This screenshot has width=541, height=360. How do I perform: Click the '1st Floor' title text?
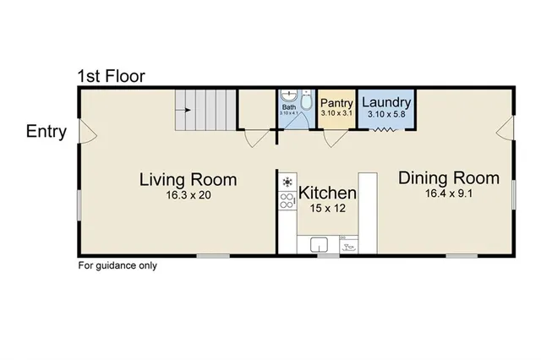point(111,77)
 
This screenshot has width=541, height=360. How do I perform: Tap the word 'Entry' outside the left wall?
point(46,132)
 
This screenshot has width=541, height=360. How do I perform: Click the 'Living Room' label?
point(188,179)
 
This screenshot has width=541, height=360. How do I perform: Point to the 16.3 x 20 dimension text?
point(188,195)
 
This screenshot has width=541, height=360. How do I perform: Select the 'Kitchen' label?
point(328,192)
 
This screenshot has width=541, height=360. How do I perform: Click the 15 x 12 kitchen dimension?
point(328,208)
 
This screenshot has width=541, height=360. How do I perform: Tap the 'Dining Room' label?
point(449,178)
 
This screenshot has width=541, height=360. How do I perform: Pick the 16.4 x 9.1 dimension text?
point(449,194)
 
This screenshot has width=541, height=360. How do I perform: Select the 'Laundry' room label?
point(386,102)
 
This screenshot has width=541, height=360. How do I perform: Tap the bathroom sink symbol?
point(288,96)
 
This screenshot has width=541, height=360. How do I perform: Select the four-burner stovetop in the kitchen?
point(287,201)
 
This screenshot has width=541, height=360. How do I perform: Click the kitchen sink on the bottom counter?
point(320,244)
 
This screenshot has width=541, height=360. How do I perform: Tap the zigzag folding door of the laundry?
point(385,129)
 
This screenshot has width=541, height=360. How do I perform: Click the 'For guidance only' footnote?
point(117,265)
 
